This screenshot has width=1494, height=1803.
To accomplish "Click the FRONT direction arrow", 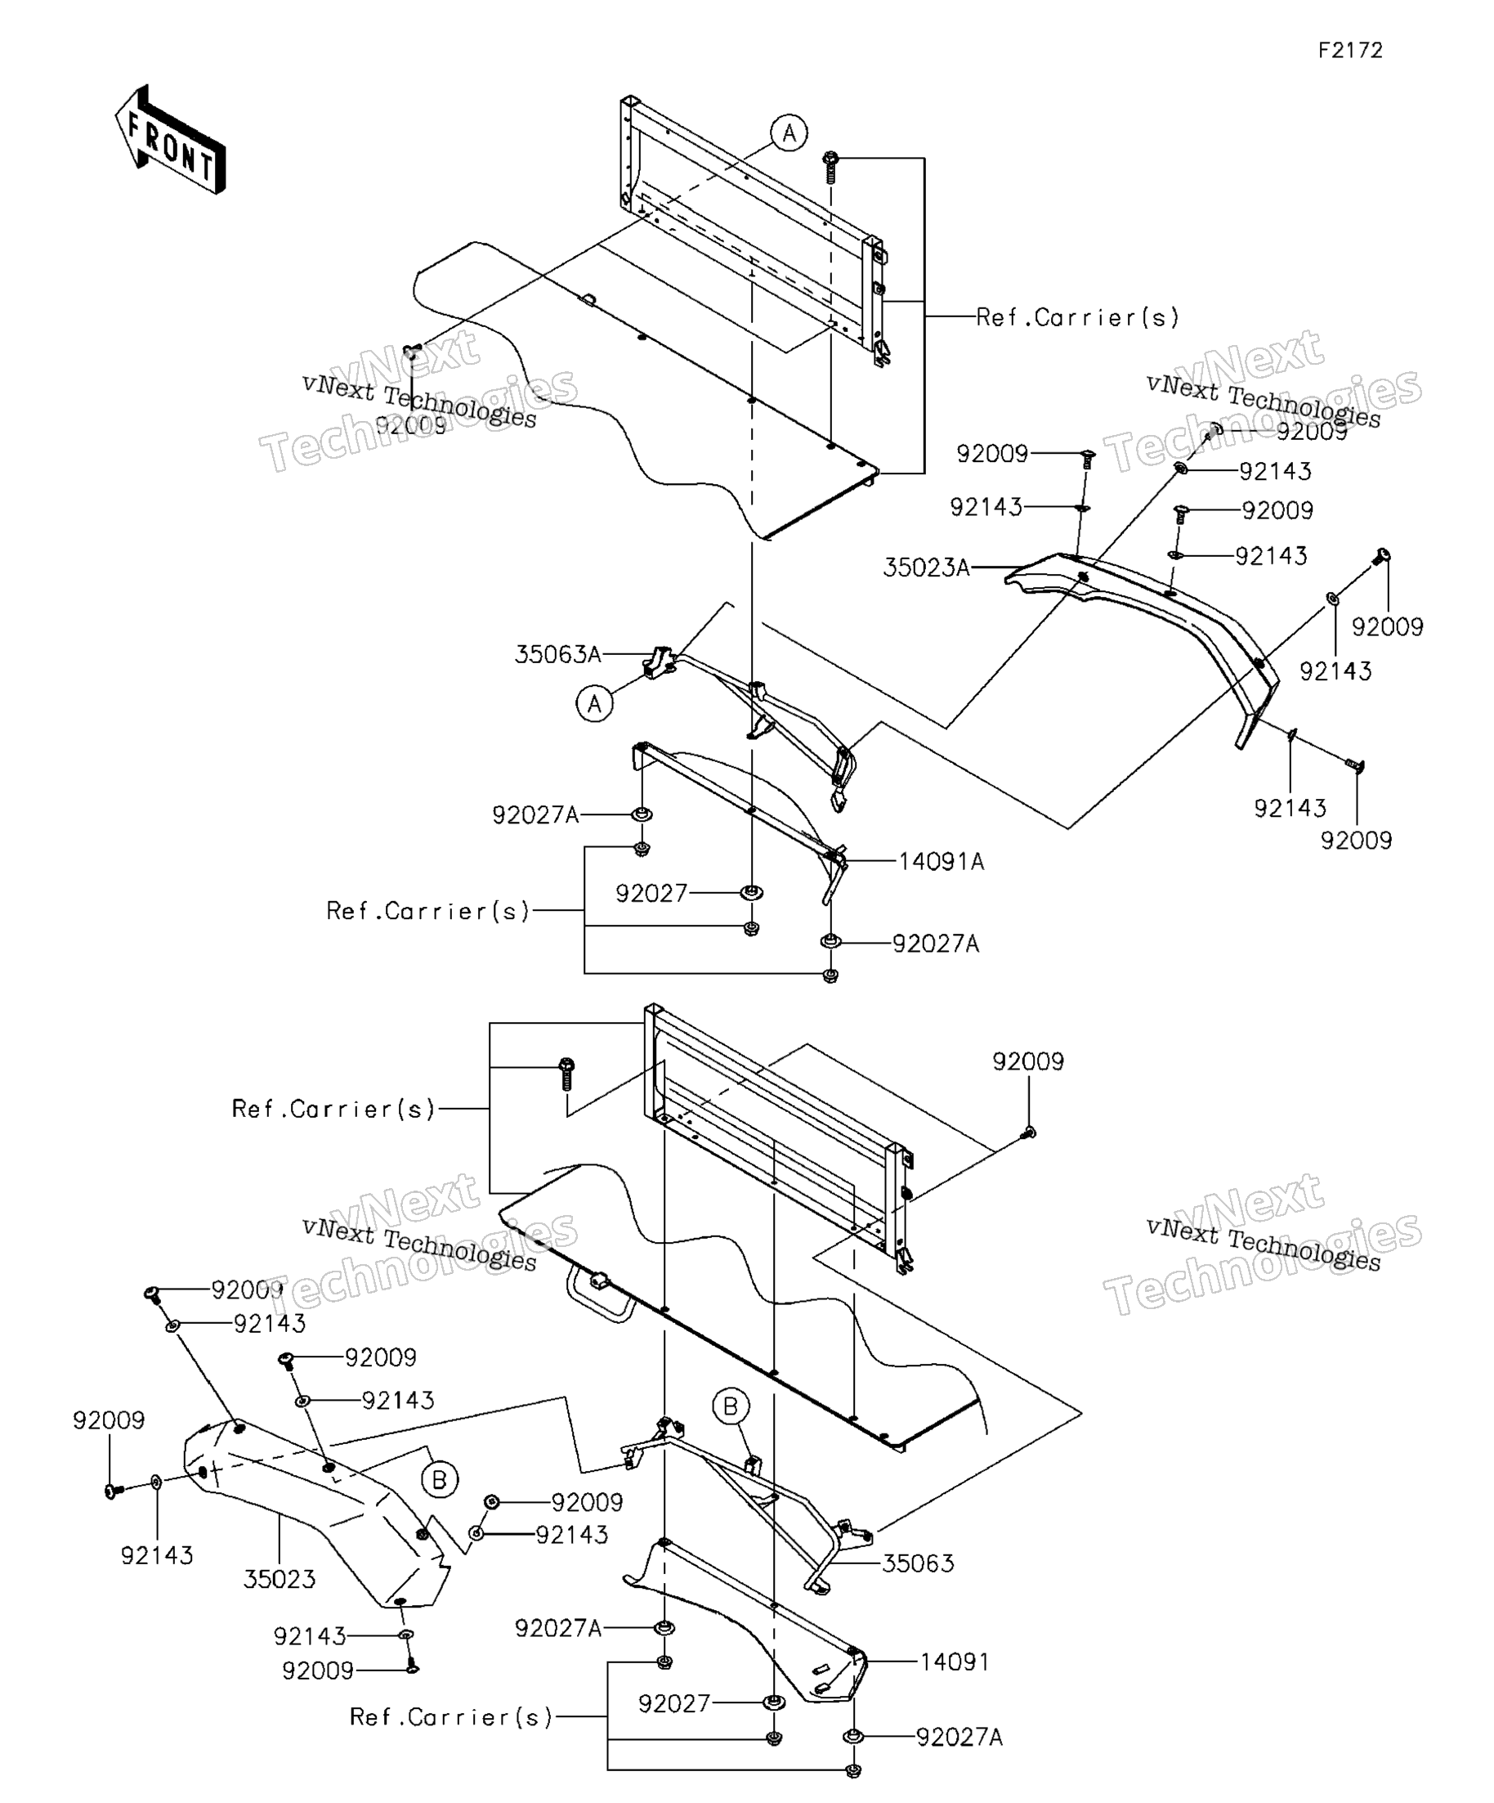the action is pos(170,140).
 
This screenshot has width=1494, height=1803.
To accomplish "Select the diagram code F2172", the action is pos(1351,51).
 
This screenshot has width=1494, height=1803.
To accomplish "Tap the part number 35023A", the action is pos(927,567).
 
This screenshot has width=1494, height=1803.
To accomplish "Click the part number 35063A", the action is pos(557,655).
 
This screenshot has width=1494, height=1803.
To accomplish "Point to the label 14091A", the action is pos(942,862).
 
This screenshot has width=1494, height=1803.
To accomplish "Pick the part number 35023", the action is pos(280,1580).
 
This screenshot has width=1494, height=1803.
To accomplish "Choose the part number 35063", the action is pos(918,1563).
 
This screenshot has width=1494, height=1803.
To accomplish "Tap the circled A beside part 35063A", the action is pos(595,704).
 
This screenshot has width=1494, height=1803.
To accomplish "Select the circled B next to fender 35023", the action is pos(440,1480).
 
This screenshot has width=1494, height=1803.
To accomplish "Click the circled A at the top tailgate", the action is pos(789,133).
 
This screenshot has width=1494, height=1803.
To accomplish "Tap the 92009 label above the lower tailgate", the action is pos(1028,1062).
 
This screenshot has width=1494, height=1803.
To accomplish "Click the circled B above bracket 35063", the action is pos(731,1406).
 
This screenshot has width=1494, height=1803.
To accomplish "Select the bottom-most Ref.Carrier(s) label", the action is pos(451,1718).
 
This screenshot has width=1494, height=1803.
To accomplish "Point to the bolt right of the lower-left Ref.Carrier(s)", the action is pos(566,1074).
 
